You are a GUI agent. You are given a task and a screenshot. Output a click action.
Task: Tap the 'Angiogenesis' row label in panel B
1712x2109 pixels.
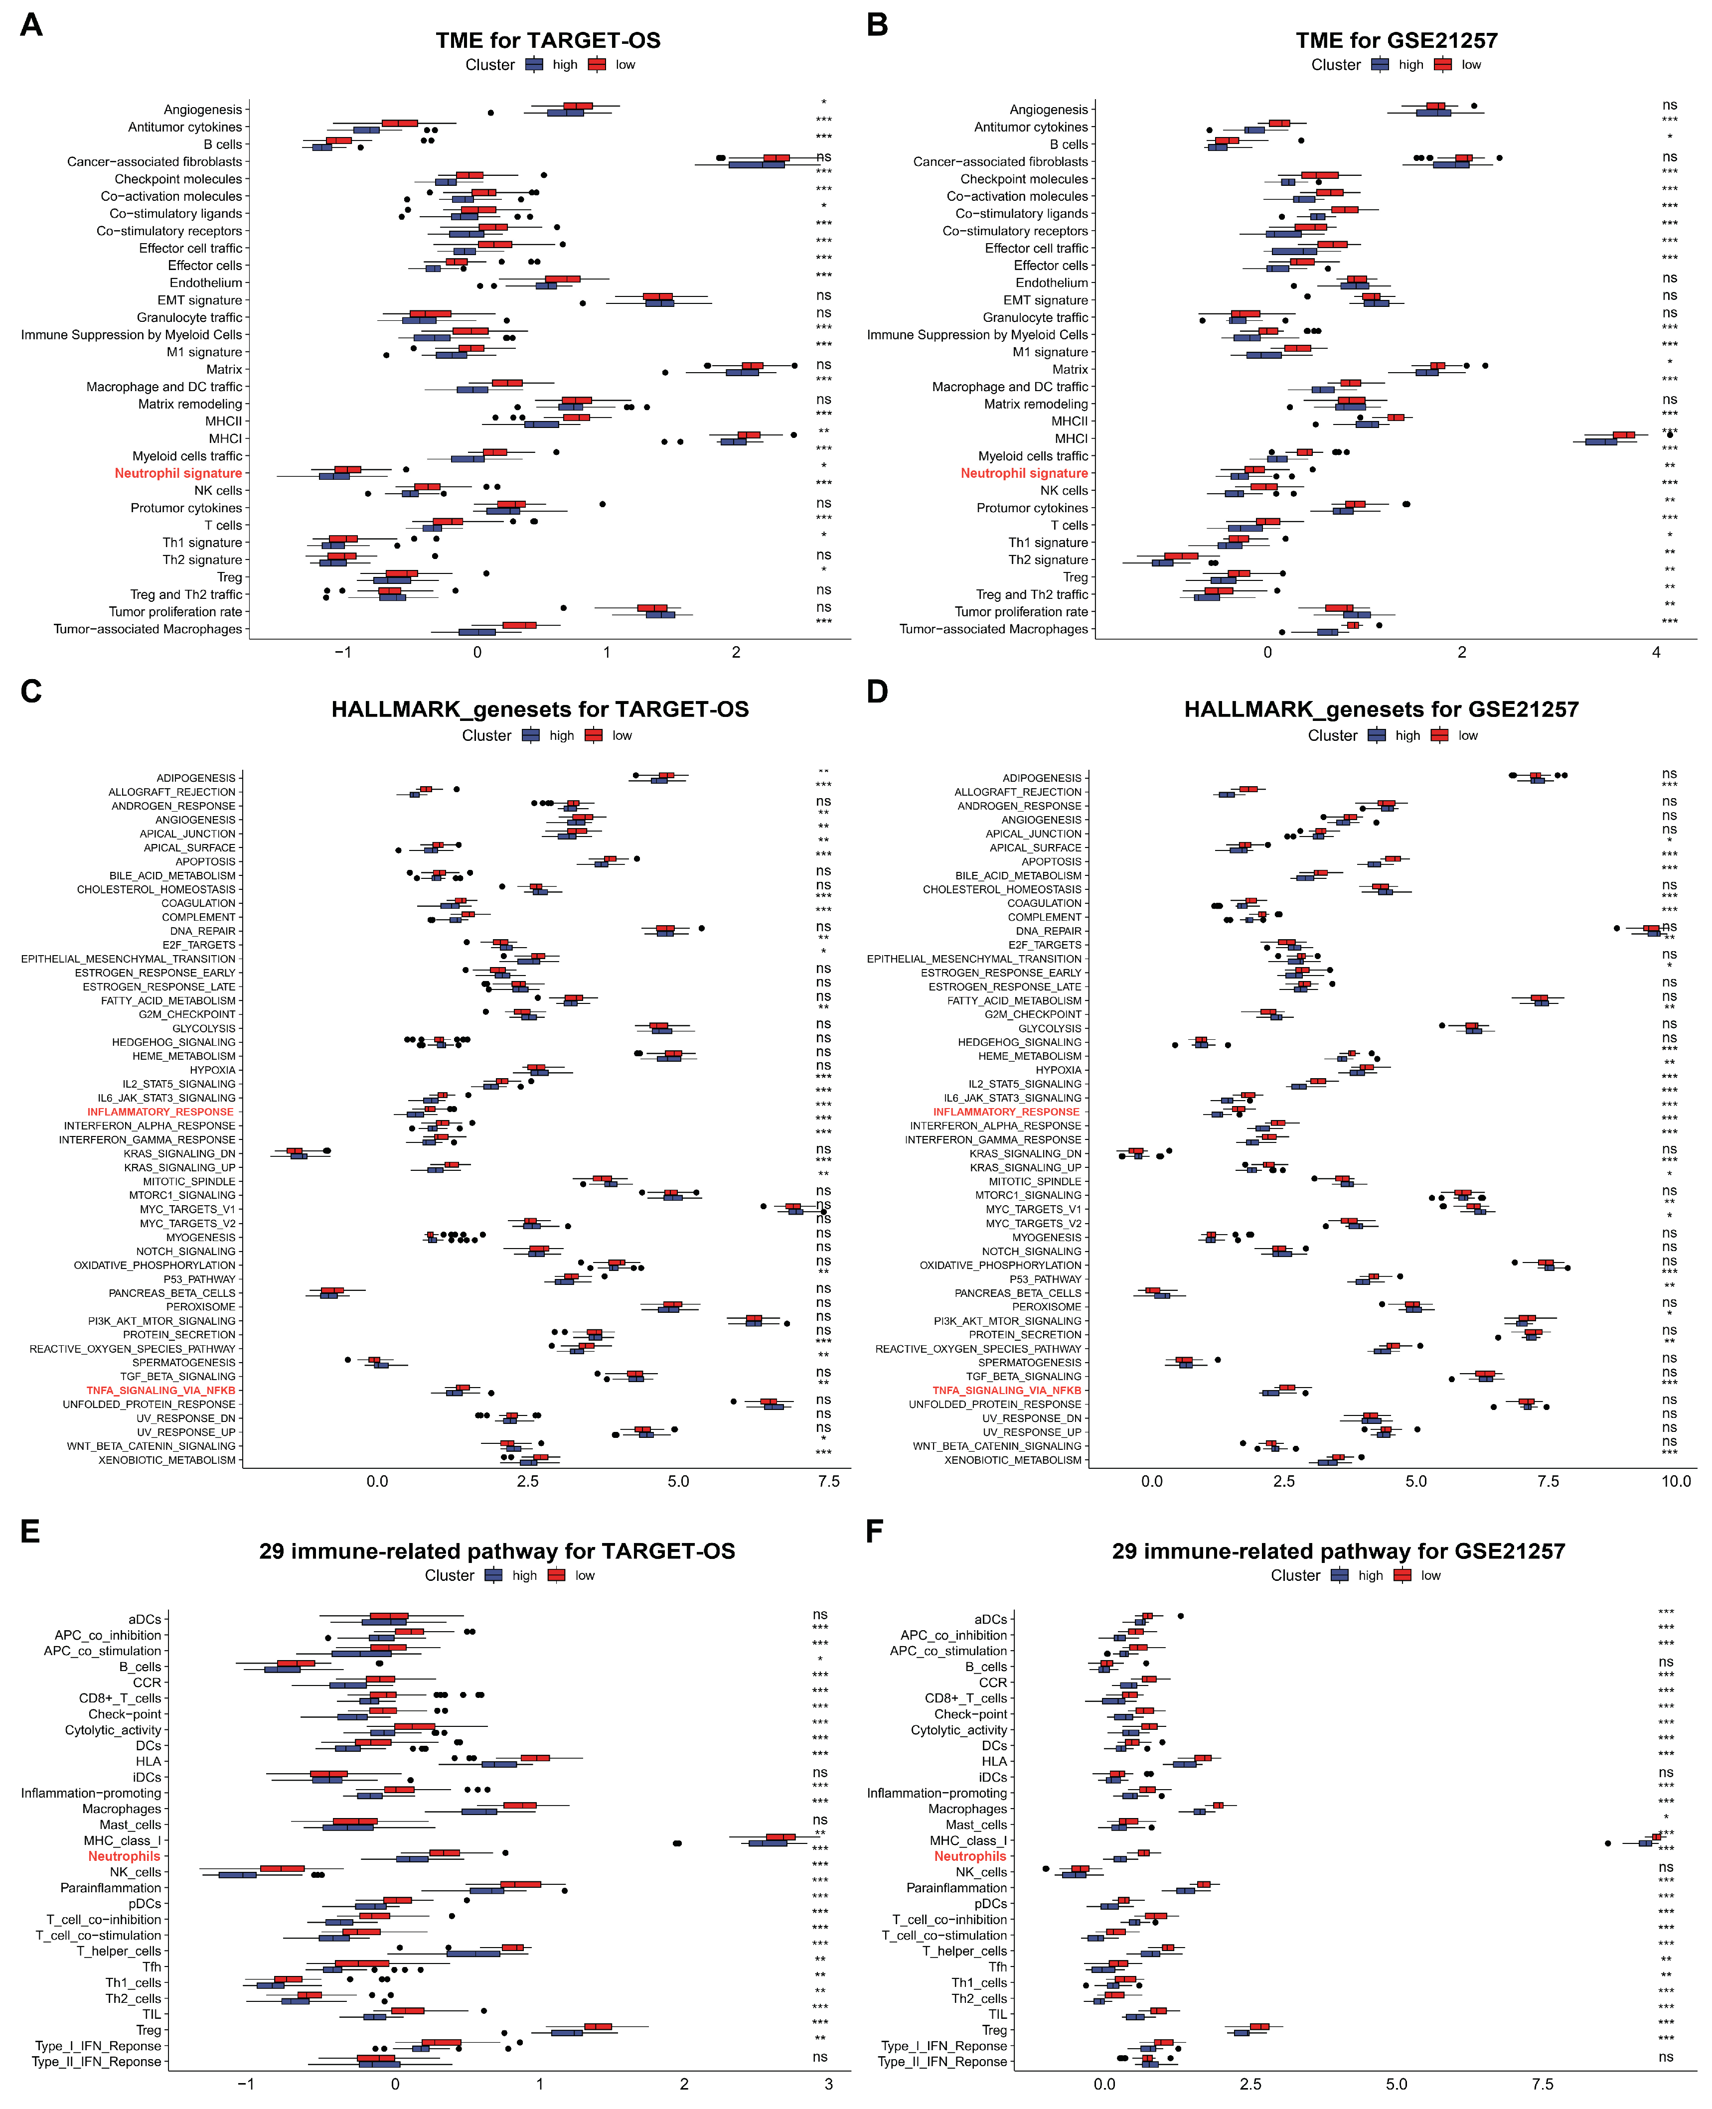click(1048, 110)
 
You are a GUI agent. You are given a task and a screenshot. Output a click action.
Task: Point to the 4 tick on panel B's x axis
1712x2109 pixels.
click(1656, 652)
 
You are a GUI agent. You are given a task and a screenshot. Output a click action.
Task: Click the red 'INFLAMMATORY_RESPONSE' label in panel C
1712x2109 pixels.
click(161, 1111)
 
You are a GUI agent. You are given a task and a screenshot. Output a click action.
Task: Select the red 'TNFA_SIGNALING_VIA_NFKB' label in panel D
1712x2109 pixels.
click(1007, 1390)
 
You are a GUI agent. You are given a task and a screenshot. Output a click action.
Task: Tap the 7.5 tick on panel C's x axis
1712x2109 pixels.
click(828, 1481)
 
